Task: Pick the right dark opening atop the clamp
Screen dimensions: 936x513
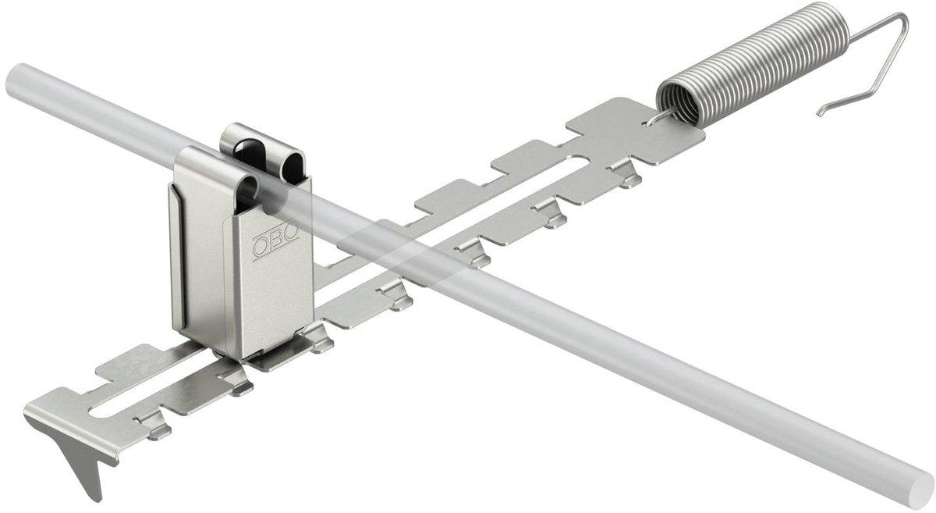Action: pyautogui.click(x=293, y=168)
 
